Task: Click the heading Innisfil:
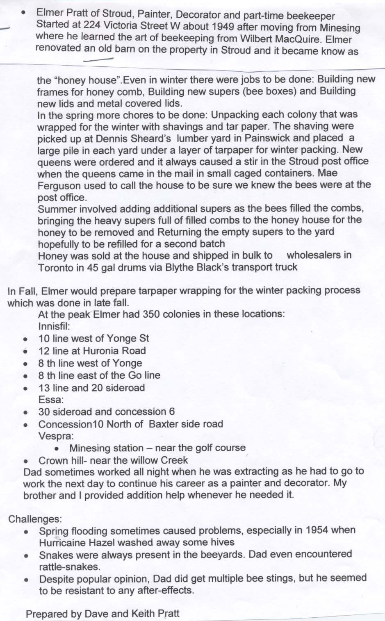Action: (54, 327)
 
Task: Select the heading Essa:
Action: (51, 400)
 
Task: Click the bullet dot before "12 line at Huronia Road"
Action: (25, 351)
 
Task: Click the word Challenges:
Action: (35, 519)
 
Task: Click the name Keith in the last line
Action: (143, 614)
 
